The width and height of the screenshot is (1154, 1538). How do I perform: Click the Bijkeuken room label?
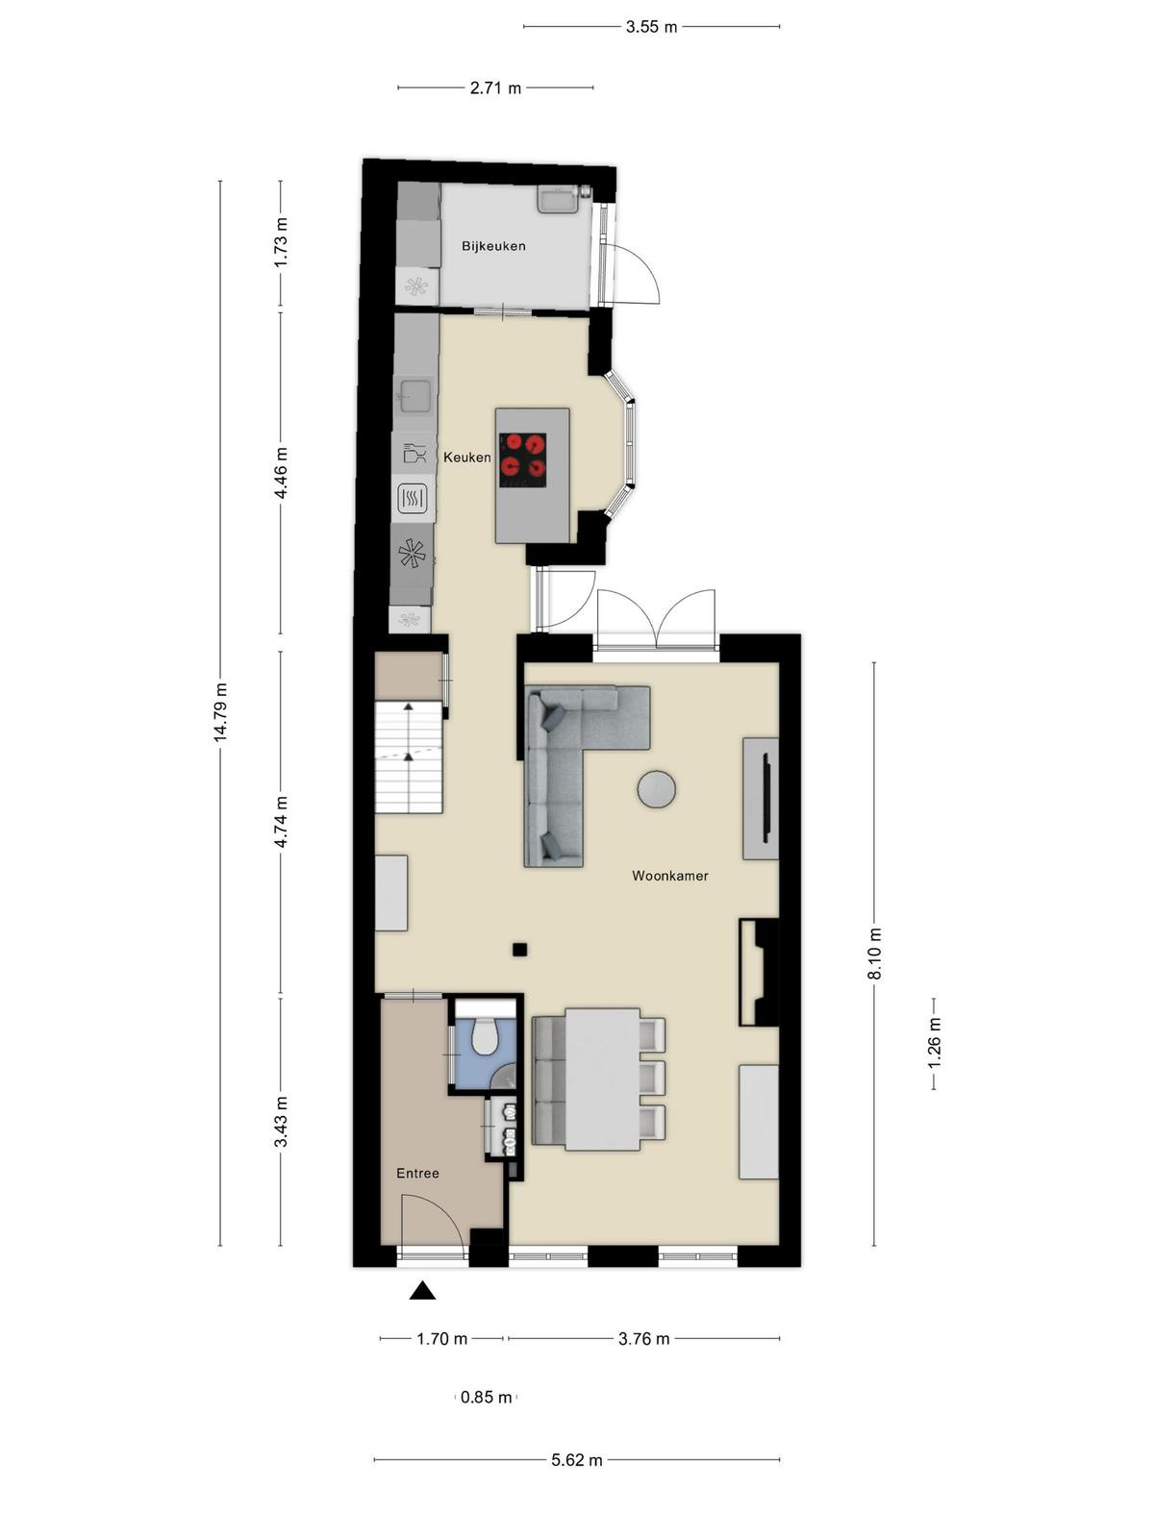[493, 246]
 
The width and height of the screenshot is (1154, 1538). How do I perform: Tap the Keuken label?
[467, 458]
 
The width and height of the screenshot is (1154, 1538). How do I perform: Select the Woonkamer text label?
[670, 876]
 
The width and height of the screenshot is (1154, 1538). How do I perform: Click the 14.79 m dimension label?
[221, 711]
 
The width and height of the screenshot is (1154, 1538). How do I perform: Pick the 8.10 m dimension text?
[874, 954]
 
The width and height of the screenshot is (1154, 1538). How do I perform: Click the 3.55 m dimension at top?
[652, 27]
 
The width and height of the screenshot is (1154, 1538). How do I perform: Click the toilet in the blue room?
[484, 1036]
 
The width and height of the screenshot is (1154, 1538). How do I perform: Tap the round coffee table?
[657, 790]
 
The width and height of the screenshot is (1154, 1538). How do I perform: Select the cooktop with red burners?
[523, 459]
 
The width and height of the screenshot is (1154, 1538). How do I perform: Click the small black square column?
[520, 950]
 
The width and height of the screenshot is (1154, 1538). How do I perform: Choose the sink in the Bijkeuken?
[559, 199]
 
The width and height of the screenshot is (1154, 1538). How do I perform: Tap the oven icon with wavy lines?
[413, 499]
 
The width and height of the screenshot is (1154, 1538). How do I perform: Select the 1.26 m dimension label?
[934, 1043]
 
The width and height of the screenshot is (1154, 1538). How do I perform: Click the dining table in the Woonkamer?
[603, 1079]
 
